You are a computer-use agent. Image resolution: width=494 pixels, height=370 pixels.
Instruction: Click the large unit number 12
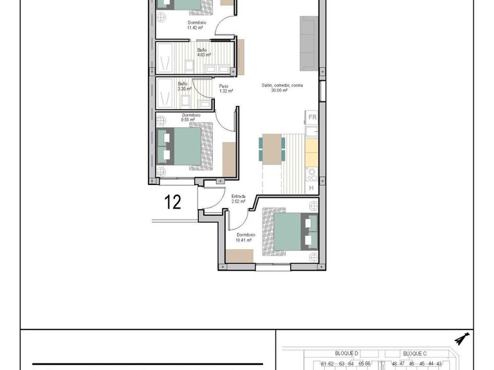tap(172, 202)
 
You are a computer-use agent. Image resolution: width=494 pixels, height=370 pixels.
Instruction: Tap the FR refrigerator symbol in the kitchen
tap(312, 118)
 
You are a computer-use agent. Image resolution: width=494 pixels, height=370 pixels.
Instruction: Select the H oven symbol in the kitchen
tap(311, 188)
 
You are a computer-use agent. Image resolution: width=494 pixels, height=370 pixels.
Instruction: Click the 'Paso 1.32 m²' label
tap(225, 89)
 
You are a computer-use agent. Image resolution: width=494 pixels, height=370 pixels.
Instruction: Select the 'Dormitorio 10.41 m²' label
tap(246, 238)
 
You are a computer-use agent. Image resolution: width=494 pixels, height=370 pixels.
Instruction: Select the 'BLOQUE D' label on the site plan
tap(347, 354)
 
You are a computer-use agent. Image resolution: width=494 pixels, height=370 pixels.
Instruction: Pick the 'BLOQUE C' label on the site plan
tap(415, 354)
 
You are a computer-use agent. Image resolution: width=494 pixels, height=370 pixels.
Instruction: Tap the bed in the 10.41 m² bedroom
tap(289, 231)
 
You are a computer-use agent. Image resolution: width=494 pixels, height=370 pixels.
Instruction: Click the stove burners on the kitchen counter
tap(311, 173)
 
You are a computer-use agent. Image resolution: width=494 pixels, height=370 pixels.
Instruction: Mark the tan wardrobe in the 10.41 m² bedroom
tap(239, 256)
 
